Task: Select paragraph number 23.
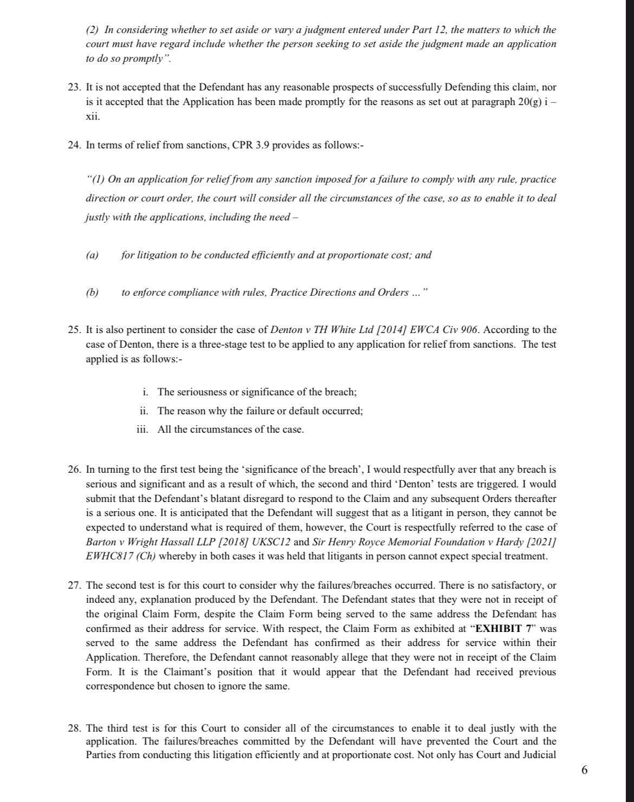(x=75, y=87)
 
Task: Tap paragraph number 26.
(x=75, y=469)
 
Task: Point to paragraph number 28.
(x=75, y=728)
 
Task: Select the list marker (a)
(x=92, y=255)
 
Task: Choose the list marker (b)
(x=92, y=292)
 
